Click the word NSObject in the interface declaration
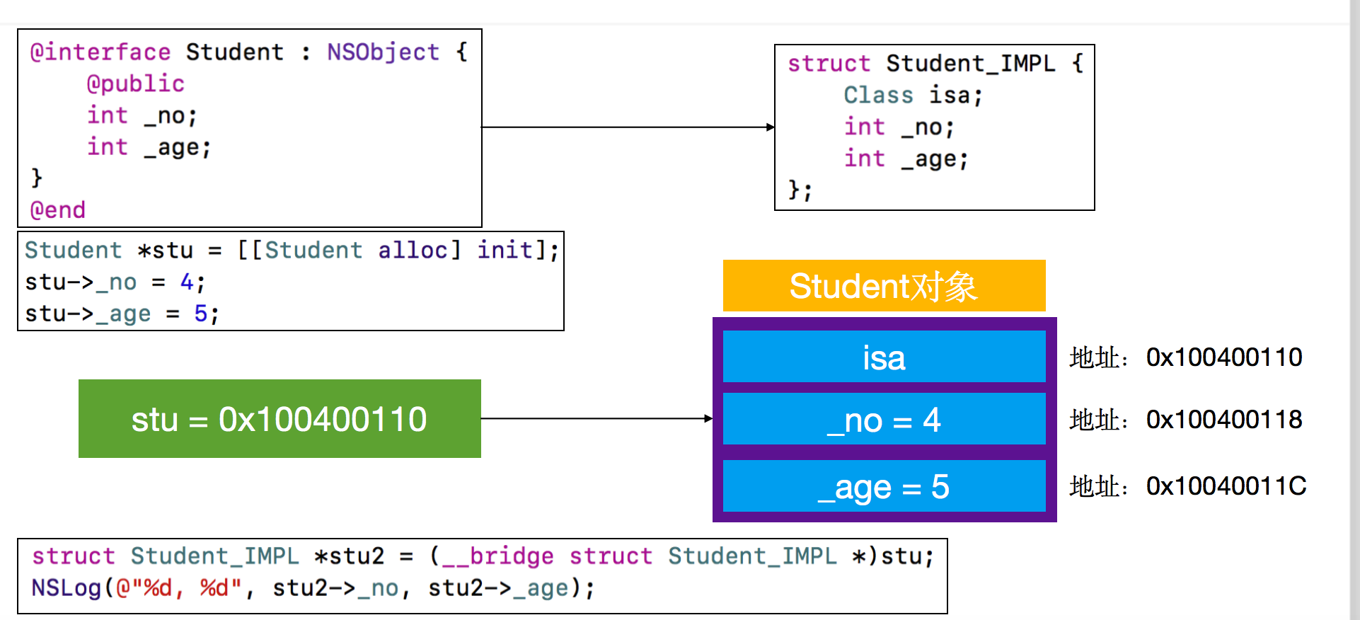click(383, 52)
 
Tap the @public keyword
click(135, 84)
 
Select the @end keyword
click(57, 210)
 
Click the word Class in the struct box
click(878, 95)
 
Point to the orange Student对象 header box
click(884, 286)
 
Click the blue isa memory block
click(884, 357)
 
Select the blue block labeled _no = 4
click(884, 419)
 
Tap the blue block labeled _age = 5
click(884, 486)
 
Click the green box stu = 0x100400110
click(280, 418)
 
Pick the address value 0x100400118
click(1224, 420)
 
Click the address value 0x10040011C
click(1226, 486)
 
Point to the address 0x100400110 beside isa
click(1224, 357)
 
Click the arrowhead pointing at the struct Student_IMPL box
click(771, 127)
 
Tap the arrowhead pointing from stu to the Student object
click(708, 418)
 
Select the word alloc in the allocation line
click(413, 250)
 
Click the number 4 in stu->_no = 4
click(187, 282)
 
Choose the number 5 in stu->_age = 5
click(201, 313)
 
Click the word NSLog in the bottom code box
click(67, 588)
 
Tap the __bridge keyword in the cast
click(497, 556)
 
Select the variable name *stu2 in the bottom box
click(349, 556)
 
